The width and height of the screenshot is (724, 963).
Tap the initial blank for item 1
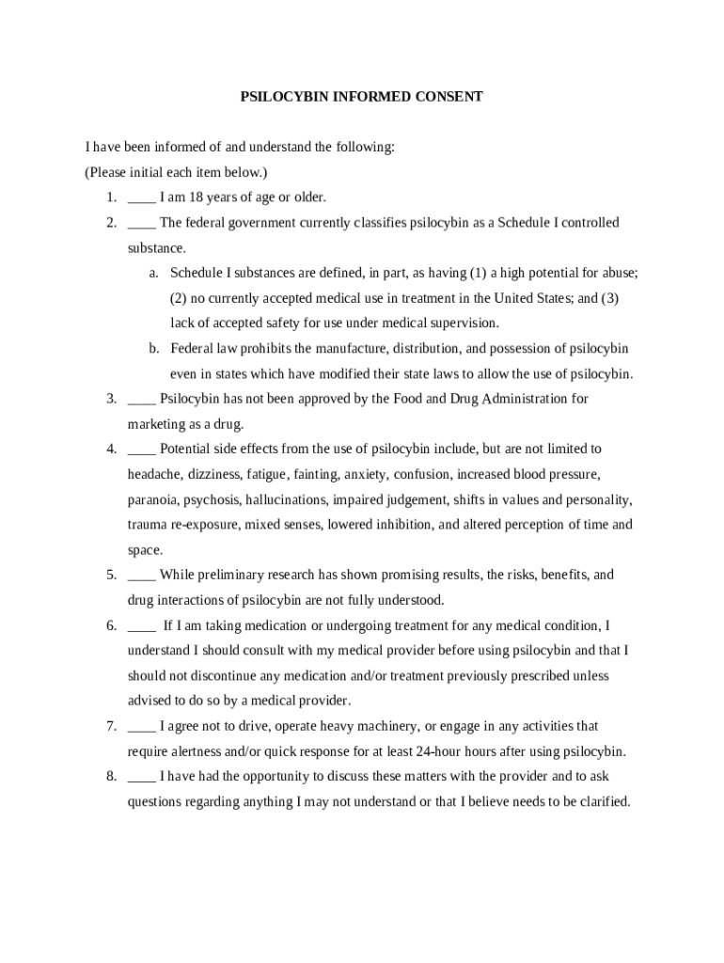[x=141, y=198]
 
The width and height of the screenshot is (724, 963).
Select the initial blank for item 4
[x=141, y=450]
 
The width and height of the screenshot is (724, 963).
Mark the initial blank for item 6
[x=141, y=625]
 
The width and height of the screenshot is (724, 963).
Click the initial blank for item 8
[x=141, y=777]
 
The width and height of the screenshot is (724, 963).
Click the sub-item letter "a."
[x=153, y=273]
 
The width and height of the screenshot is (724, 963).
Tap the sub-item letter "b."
[x=153, y=349]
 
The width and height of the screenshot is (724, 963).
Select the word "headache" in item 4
[x=154, y=474]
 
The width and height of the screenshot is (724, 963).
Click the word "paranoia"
[x=152, y=499]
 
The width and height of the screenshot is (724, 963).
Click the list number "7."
[x=111, y=726]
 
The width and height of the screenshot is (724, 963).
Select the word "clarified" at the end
[x=602, y=802]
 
